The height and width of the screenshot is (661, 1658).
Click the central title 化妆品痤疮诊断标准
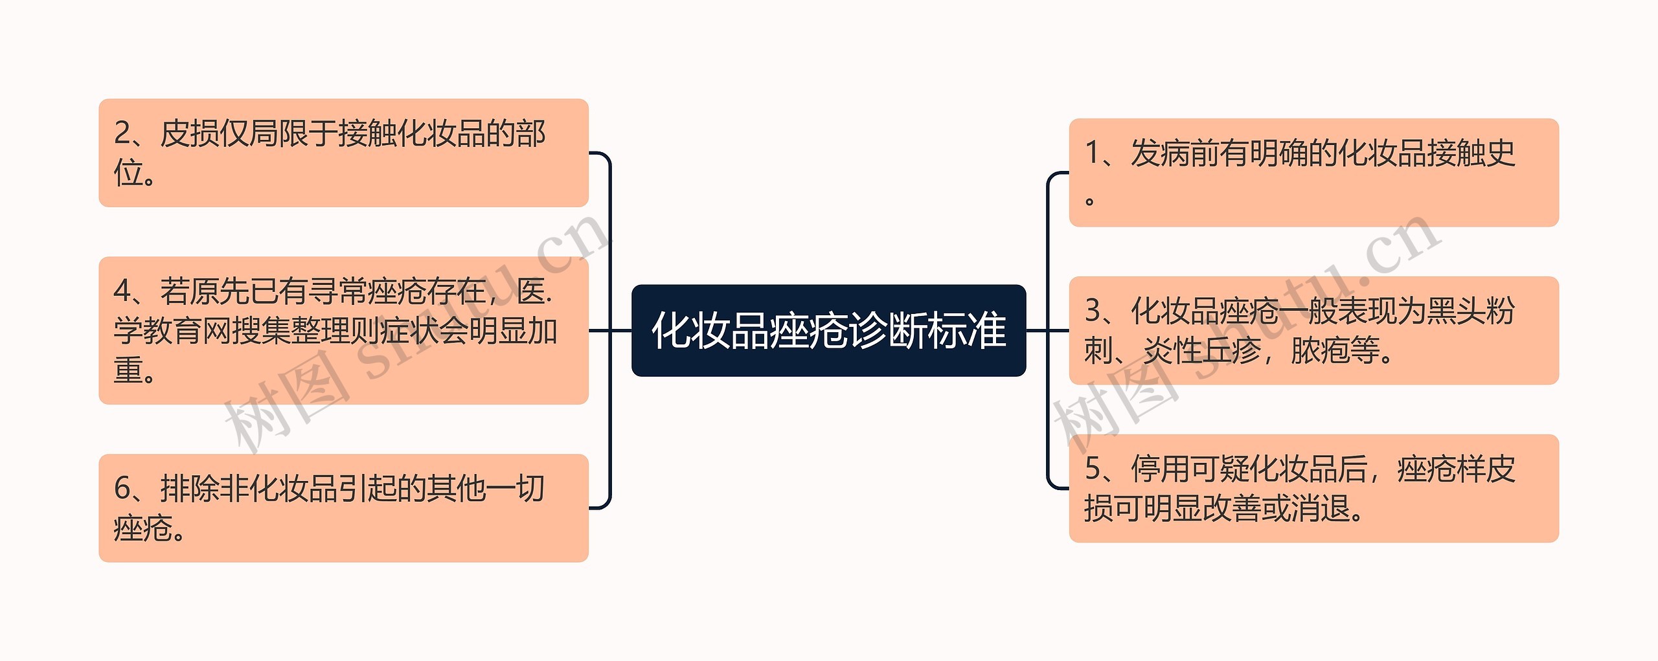pyautogui.click(x=828, y=330)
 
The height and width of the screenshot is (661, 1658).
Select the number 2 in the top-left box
pyautogui.click(x=122, y=133)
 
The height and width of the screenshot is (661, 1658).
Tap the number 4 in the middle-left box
pyautogui.click(x=122, y=291)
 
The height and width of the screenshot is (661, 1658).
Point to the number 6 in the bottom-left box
pyautogui.click(x=122, y=489)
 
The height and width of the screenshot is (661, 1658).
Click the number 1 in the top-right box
pyautogui.click(x=1093, y=153)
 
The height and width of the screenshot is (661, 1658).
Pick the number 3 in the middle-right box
pyautogui.click(x=1093, y=311)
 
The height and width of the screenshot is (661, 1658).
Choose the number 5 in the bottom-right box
pyautogui.click(x=1093, y=469)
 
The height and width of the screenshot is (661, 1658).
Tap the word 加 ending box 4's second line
pyautogui.click(x=543, y=331)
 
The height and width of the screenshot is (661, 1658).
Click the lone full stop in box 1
pyautogui.click(x=1090, y=201)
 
